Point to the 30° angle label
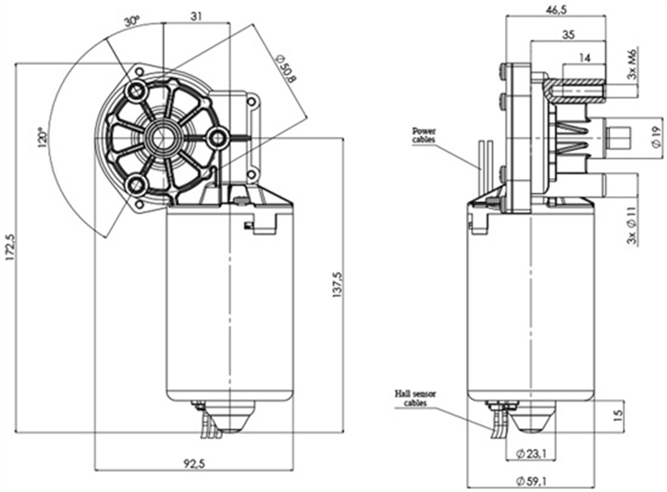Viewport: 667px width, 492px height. pos(131,20)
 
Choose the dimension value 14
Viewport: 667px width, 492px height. pos(585,58)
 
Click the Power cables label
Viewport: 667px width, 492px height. pos(425,136)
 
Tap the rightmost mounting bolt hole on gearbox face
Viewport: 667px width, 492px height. pos(218,139)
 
